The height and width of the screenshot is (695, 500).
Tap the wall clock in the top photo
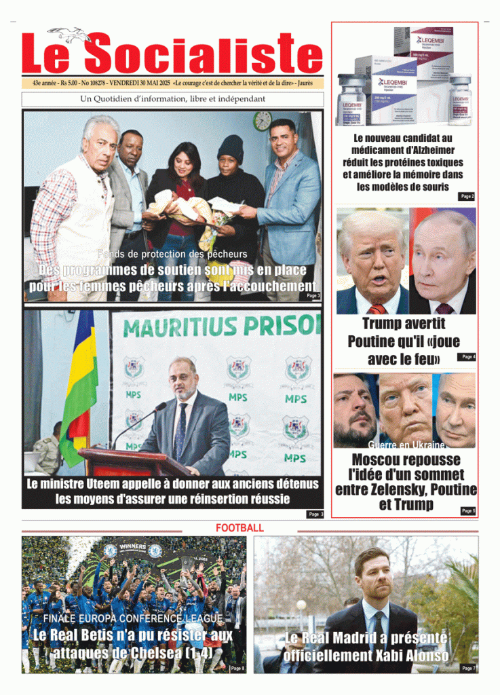(263, 121)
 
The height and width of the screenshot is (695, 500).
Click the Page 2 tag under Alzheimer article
(467, 196)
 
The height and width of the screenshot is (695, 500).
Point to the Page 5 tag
(468, 510)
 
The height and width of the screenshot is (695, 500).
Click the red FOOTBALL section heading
(239, 527)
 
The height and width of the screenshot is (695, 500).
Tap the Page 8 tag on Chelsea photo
(237, 669)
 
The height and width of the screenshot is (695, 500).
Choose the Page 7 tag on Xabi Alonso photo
(468, 669)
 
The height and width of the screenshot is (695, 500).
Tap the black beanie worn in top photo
(230, 147)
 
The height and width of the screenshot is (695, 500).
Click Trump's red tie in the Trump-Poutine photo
(377, 309)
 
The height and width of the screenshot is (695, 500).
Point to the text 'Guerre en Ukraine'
(406, 445)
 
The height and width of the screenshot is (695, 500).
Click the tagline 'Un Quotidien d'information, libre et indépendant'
(172, 99)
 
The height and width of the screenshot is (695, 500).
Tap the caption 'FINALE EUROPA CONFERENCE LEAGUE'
(133, 618)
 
